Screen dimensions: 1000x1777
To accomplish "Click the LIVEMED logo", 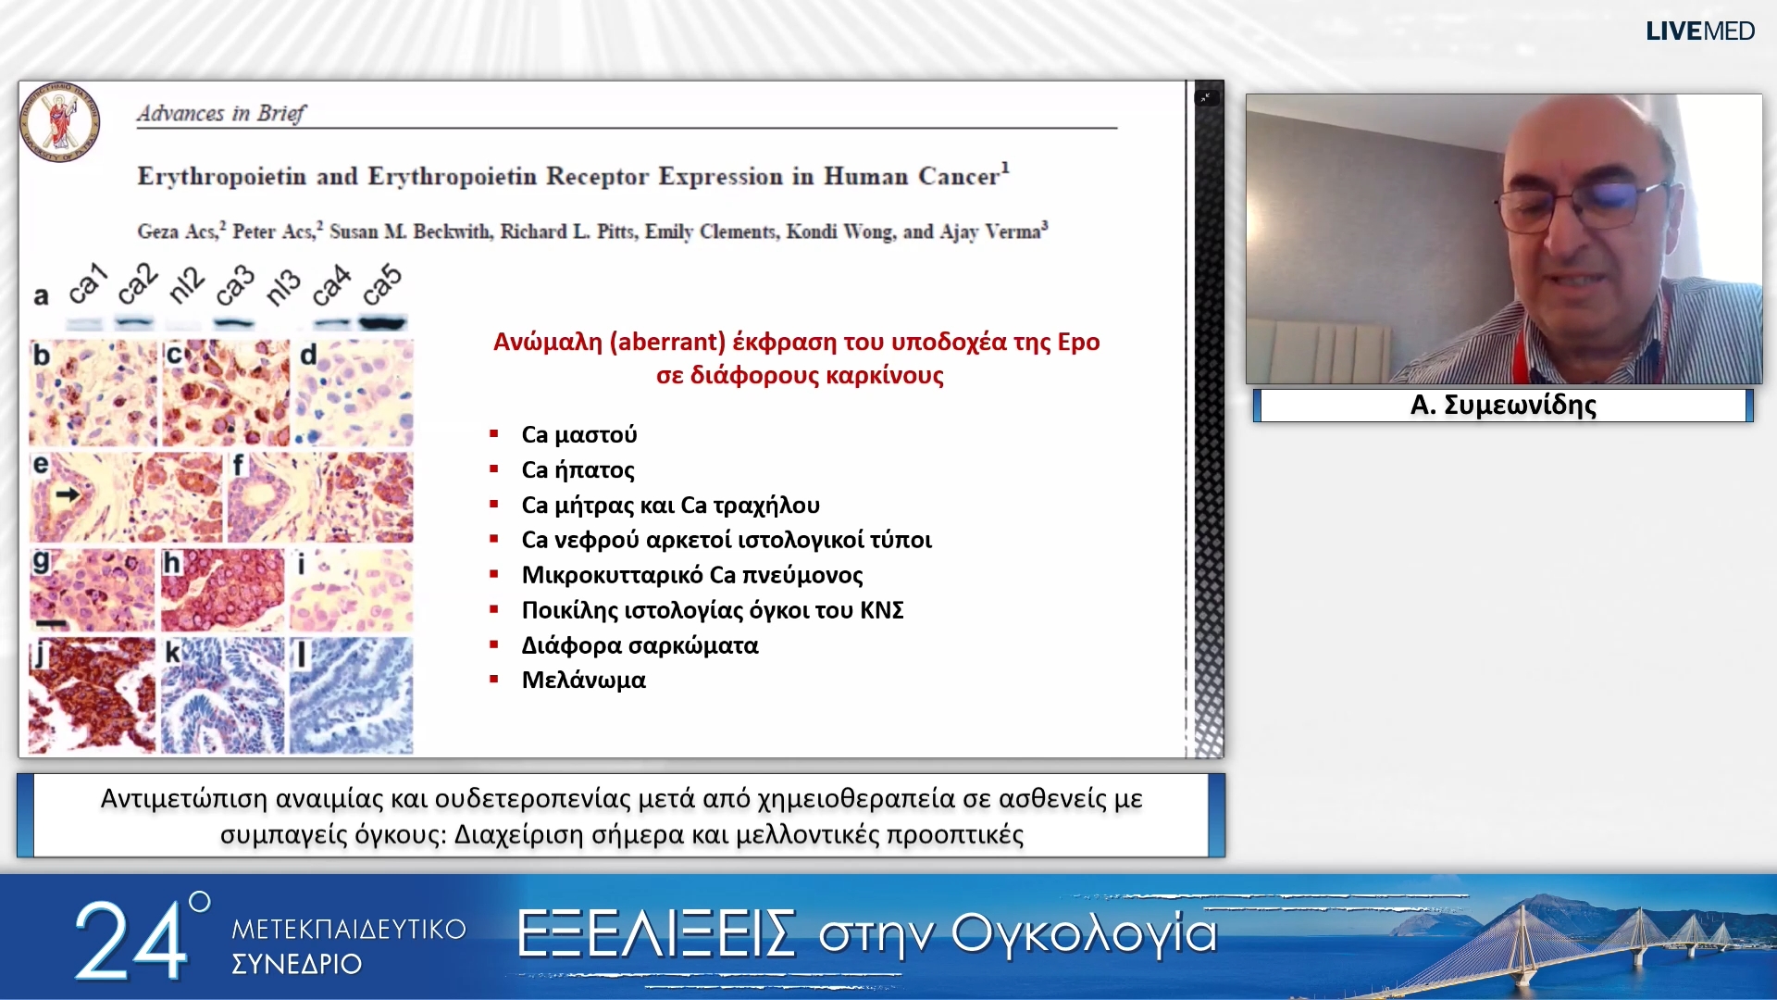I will (1699, 31).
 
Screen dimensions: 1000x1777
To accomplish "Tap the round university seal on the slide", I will (60, 122).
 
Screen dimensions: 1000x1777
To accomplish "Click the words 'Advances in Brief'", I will (220, 113).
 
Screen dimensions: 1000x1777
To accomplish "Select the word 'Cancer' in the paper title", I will (958, 176).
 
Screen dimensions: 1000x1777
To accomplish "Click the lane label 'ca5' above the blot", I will (381, 286).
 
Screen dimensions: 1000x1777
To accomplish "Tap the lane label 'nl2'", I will (185, 286).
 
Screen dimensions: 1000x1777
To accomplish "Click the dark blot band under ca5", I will (382, 323).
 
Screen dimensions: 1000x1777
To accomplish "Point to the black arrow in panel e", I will (67, 495).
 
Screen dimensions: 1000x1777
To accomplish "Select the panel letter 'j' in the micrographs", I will (39, 655).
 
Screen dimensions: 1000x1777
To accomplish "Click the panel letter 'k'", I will (172, 653).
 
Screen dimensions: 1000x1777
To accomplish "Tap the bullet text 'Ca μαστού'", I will (578, 434).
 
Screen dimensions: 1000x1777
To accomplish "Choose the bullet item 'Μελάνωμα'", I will (583, 680).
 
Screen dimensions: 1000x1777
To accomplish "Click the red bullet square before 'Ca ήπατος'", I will (494, 469).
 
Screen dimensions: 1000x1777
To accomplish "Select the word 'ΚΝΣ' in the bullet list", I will (881, 610).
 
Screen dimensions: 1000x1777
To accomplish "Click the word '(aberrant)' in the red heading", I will (666, 342).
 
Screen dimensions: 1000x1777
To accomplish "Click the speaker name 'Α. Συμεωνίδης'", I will (1503, 405).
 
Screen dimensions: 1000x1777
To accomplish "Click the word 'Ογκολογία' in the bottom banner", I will (1083, 932).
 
